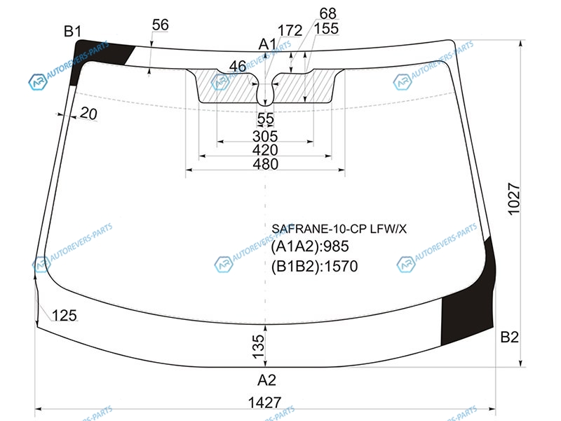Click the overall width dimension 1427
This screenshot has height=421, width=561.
pos(265,403)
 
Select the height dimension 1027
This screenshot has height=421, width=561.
pos(513,199)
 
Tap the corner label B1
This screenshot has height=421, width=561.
pos(73,32)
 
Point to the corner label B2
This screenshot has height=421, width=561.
pos(510,337)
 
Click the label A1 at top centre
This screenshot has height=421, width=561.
pos(268,44)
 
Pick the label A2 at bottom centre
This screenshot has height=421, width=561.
pos(267,380)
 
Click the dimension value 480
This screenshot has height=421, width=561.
pos(266,164)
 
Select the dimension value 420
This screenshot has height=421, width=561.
pos(265,150)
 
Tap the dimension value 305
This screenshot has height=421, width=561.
pos(265,136)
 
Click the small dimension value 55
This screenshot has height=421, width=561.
pos(266,119)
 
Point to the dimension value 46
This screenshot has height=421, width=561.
pos(238,66)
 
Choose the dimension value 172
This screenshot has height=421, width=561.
pos(290,30)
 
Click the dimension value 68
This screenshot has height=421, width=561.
pos(328,13)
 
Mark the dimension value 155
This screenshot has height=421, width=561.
pos(326,29)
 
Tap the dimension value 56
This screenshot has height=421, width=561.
pos(161,25)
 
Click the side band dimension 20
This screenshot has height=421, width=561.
pos(88,114)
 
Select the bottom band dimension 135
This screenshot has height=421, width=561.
pos(258,347)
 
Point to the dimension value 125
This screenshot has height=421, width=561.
pos(65,315)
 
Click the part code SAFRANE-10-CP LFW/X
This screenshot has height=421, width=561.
pos(339,229)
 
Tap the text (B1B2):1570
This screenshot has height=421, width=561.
pos(314,267)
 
